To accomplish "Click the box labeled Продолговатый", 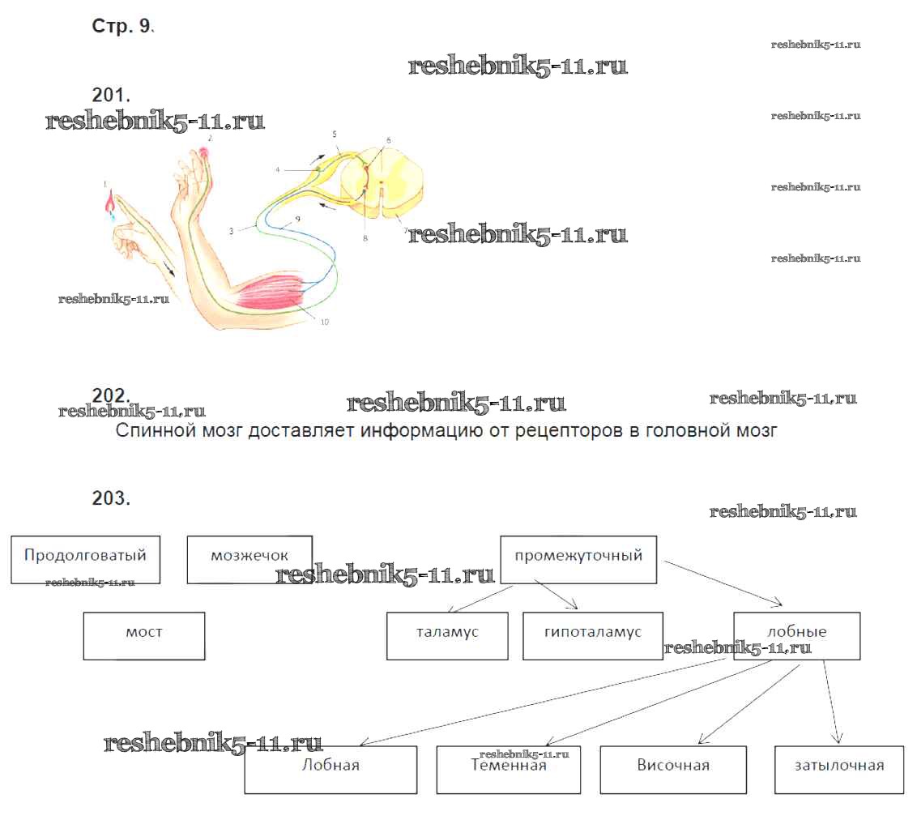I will [85, 559].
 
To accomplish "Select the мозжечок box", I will [250, 559].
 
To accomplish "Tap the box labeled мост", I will [144, 635].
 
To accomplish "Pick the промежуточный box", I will [578, 558].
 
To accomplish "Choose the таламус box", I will [447, 635].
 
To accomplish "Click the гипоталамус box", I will [593, 635].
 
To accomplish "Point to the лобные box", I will [796, 634].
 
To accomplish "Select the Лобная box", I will [331, 769].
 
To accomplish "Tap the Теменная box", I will [509, 769].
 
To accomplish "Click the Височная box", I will [673, 769].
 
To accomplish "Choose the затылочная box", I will [838, 769].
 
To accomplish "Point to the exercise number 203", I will [111, 498].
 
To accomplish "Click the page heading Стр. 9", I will [122, 26].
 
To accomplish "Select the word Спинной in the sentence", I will [149, 430].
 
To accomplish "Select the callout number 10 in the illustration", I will [324, 322].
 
